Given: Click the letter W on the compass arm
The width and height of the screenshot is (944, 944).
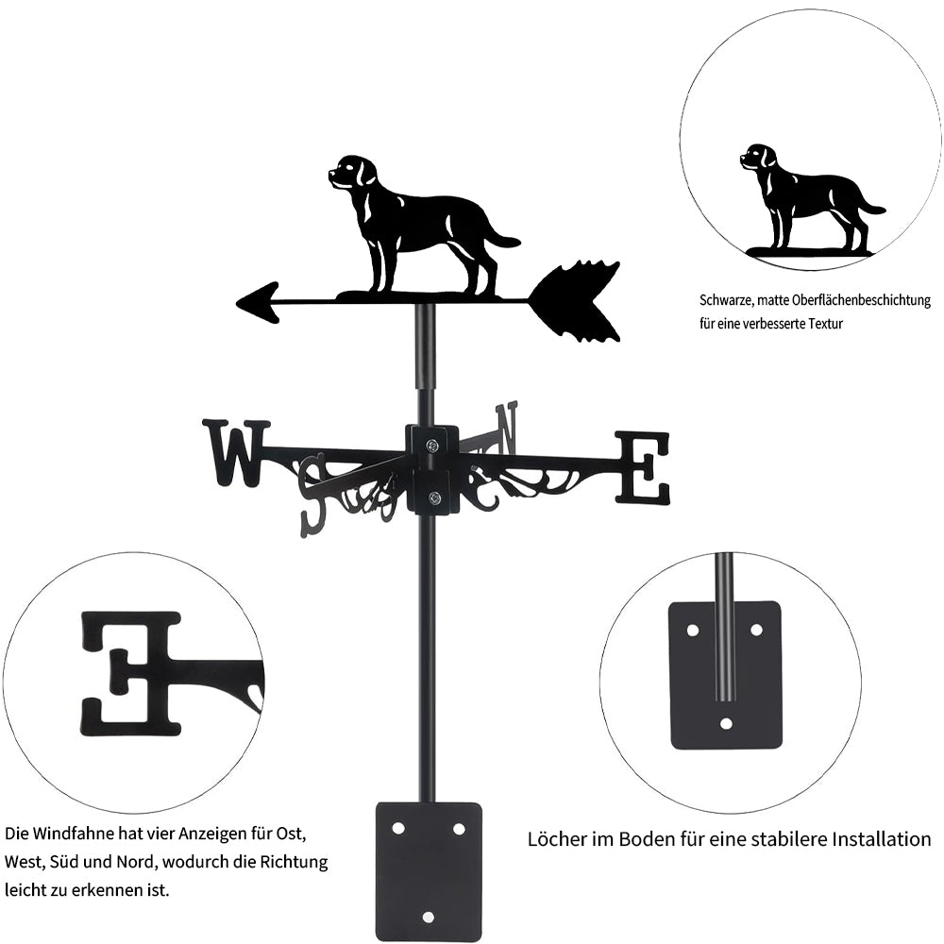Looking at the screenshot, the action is click(x=236, y=453).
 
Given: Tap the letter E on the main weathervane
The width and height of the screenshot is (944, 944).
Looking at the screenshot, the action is click(x=642, y=467).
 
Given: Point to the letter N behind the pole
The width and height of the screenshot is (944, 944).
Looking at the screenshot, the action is click(x=506, y=429).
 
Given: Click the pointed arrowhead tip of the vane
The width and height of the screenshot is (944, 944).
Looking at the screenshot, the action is click(x=236, y=303).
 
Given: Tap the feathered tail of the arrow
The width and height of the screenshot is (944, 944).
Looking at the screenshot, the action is click(x=575, y=302).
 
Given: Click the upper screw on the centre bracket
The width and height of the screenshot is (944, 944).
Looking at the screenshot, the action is click(x=432, y=446).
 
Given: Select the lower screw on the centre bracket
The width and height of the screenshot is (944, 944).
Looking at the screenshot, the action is click(x=433, y=497).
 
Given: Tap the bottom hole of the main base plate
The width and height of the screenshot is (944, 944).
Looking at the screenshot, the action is click(x=428, y=917).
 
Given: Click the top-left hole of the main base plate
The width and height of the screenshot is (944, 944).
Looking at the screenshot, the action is click(x=398, y=829).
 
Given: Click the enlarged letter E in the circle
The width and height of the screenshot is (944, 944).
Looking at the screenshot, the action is click(x=130, y=674).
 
